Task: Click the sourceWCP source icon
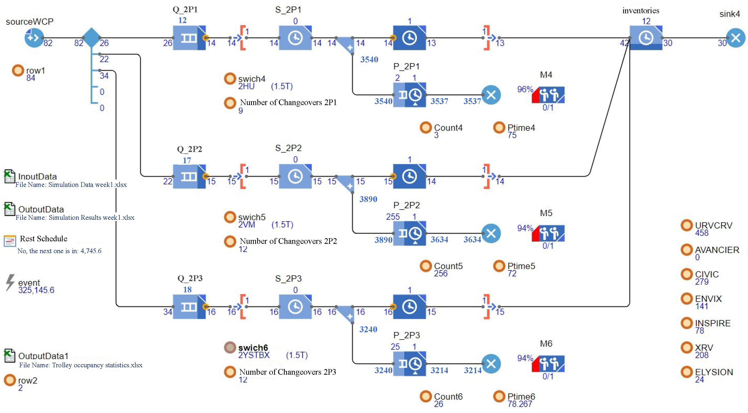[x=34, y=38]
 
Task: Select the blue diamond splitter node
[x=91, y=38]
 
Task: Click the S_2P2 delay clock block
[x=295, y=176]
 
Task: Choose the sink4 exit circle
[x=735, y=38]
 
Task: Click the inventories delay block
[x=646, y=38]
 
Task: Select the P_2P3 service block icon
[x=409, y=363]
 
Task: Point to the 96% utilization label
[x=525, y=89]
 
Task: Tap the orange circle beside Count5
[x=426, y=266]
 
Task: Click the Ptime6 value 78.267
[x=520, y=404]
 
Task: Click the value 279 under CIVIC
[x=701, y=282]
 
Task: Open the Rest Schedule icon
[x=10, y=241]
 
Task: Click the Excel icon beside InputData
[x=9, y=176]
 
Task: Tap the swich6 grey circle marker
[x=230, y=347]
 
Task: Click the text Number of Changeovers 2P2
[x=288, y=241]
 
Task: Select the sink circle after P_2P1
[x=491, y=95]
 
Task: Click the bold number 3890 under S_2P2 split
[x=368, y=199]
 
